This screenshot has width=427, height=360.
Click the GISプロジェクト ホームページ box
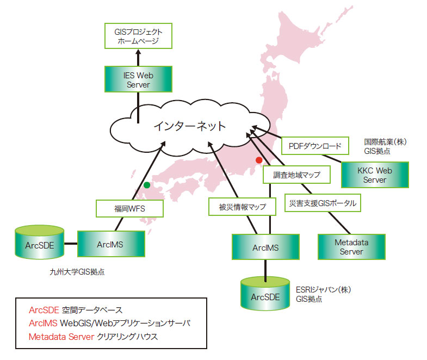point(138,36)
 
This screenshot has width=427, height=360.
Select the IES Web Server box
point(138,79)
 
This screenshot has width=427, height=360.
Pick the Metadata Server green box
point(351,247)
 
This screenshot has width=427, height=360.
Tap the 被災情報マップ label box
point(239,207)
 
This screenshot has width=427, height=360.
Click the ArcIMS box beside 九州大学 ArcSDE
point(111,244)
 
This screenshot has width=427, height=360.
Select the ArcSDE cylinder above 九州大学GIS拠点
point(39,244)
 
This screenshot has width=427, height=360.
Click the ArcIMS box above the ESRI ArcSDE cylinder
point(265,247)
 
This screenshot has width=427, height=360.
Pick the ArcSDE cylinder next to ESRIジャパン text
point(265,294)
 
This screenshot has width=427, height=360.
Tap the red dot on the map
point(259,160)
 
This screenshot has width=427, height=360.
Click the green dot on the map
point(146,185)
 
